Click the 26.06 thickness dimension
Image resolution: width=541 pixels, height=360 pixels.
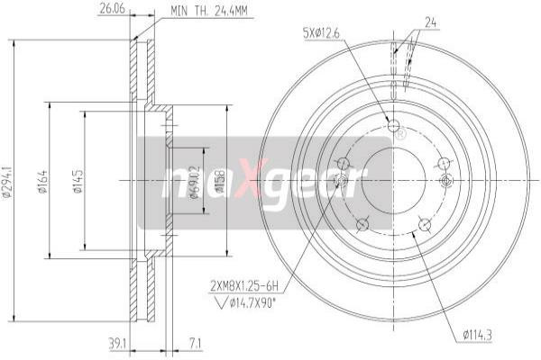click(x=109, y=11)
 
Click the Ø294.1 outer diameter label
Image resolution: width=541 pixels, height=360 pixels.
click(x=7, y=180)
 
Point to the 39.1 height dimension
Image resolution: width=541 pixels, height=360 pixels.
click(x=115, y=343)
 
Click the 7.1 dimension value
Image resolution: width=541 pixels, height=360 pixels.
click(x=197, y=343)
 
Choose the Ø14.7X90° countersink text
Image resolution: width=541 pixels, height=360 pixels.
click(x=251, y=301)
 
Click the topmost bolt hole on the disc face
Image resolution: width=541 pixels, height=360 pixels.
click(x=392, y=125)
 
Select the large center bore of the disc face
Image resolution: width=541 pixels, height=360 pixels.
click(x=392, y=180)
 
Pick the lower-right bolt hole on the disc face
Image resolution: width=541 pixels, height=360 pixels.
click(x=423, y=224)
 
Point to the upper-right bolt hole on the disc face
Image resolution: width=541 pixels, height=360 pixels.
click(x=443, y=163)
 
